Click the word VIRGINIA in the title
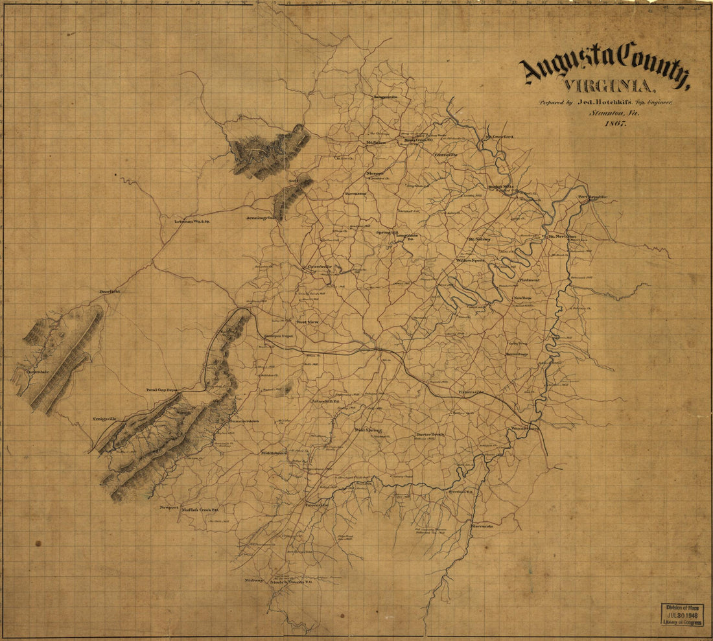(x=609, y=86)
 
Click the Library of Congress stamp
(x=681, y=614)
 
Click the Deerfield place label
(x=110, y=292)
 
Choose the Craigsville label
(x=104, y=419)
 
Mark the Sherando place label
(x=482, y=526)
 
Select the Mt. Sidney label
(x=480, y=239)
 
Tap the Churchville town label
(x=319, y=266)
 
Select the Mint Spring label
(x=368, y=430)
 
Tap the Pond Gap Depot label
(x=162, y=391)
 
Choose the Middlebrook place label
(x=273, y=453)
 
